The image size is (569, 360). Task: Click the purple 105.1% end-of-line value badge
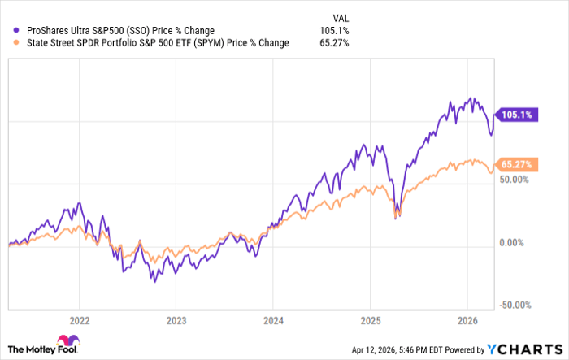(x=515, y=115)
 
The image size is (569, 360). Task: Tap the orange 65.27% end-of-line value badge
(x=516, y=164)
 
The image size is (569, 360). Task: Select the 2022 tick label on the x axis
(x=80, y=320)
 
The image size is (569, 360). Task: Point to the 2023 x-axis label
(x=176, y=320)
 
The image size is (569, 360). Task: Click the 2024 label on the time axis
(x=273, y=320)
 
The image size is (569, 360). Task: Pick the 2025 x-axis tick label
(x=370, y=320)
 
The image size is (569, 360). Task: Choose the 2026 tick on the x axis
(x=467, y=320)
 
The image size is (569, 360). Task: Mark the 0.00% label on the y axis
(x=515, y=242)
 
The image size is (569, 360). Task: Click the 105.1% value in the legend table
(x=337, y=31)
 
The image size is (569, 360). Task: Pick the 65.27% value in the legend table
(x=335, y=43)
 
